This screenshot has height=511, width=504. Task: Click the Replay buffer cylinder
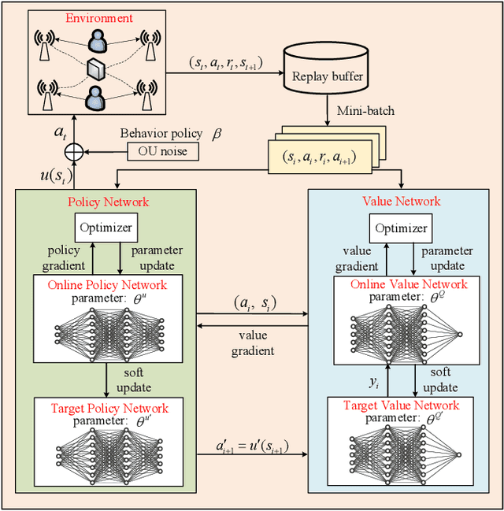coord(326,69)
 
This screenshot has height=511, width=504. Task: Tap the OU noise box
coord(163,151)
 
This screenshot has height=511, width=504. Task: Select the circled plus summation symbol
coord(74,152)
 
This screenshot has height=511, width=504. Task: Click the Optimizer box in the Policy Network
coord(106,228)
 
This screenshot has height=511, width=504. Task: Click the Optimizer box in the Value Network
coord(401,228)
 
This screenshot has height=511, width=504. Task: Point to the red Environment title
coord(99,18)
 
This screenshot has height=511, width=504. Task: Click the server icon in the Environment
coord(96,69)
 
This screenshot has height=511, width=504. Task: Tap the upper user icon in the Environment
coord(98,41)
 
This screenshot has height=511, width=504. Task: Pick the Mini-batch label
coord(365,111)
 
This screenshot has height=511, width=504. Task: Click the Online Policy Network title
coord(107,285)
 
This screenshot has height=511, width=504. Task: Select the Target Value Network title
coord(402,405)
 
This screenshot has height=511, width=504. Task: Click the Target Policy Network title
coord(109,408)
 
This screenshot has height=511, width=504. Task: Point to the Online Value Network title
coord(409,284)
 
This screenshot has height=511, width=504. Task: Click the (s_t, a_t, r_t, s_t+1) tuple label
coord(226,63)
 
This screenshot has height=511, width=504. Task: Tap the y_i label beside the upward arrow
coord(374,383)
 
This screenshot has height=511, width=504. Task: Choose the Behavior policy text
coord(161,133)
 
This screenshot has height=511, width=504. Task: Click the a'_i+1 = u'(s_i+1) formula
coord(252,446)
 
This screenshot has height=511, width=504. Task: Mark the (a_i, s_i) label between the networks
coord(255,304)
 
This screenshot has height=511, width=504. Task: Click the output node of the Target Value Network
coord(458,454)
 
